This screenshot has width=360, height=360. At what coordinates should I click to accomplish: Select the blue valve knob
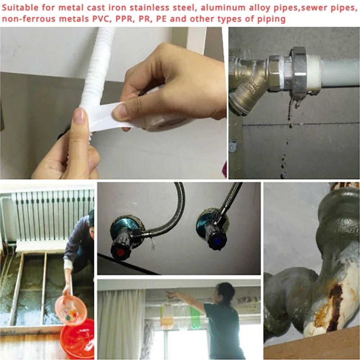(216, 240)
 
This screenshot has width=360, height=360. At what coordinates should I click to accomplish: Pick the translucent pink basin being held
(71, 310)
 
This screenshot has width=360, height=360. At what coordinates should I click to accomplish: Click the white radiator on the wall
(50, 220)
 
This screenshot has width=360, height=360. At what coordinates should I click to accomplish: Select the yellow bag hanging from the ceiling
(166, 317)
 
